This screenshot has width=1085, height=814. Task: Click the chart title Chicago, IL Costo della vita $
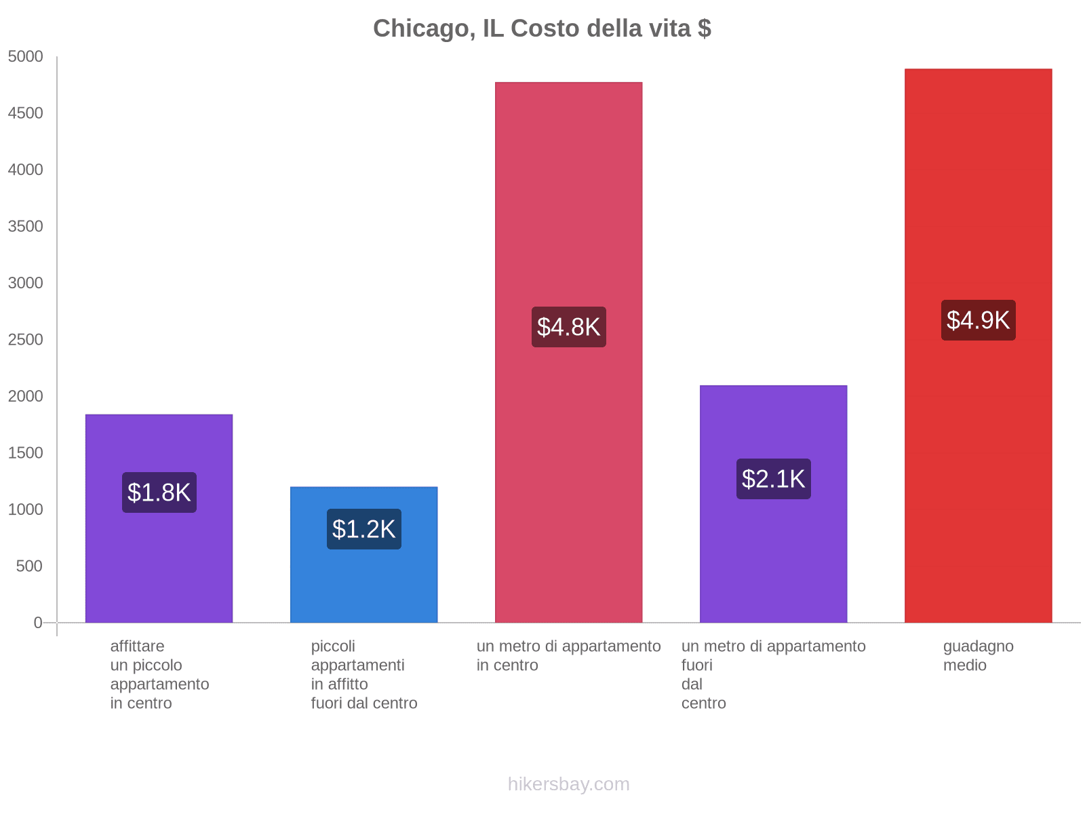542,28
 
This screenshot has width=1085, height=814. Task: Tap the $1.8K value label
159,492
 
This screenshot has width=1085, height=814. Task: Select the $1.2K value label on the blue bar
364,529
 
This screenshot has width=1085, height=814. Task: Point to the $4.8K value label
568,327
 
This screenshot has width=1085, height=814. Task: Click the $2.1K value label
773,479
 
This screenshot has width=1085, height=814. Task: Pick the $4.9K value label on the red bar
978,320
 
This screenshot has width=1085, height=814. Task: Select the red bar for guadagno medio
978,475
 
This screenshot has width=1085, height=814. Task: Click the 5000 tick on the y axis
26,57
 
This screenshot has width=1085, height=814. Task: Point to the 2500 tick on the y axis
26,340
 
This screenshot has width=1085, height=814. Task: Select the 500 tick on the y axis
30,566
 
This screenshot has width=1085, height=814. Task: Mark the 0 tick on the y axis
38,623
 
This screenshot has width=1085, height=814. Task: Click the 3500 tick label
26,227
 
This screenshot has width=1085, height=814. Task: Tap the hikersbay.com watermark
568,784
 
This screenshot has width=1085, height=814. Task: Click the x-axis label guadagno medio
978,656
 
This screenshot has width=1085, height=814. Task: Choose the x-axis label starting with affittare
159,674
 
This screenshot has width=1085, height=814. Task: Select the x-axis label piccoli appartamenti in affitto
364,674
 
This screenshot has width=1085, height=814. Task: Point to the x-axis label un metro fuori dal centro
773,674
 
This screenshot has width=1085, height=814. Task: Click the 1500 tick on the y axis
26,453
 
